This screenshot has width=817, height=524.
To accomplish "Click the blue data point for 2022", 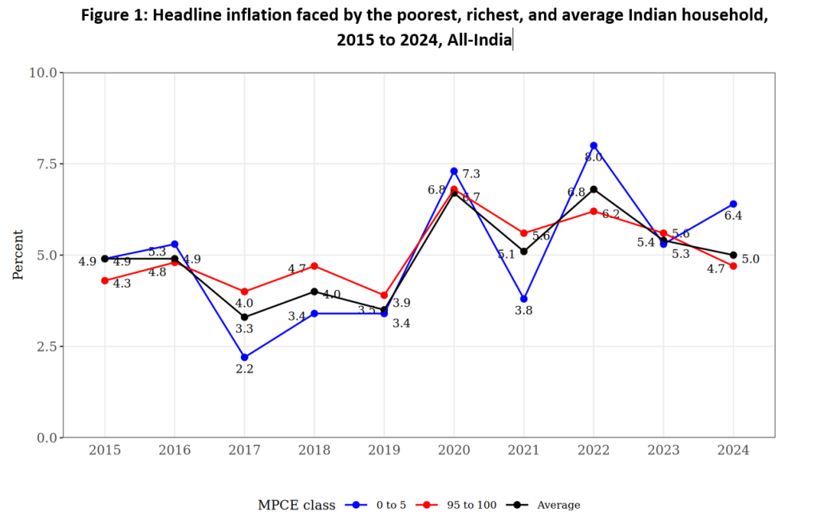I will click(594, 145).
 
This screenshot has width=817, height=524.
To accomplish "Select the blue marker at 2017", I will click(244, 357).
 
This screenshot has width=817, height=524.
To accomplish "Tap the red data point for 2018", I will click(314, 266).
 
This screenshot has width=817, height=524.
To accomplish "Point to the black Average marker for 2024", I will click(733, 255).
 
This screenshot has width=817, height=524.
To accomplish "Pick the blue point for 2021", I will click(523, 299).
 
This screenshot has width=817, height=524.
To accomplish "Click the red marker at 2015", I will click(105, 280).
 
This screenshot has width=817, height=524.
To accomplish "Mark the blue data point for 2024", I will click(733, 204).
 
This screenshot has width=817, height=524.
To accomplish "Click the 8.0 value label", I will click(594, 158).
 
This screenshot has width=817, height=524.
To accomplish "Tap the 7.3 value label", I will click(471, 174).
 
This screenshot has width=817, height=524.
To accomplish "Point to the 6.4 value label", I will click(733, 216).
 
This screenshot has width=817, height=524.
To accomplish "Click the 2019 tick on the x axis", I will click(384, 451).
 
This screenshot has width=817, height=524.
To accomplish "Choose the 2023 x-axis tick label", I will click(663, 451).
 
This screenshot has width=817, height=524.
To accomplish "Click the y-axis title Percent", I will click(18, 255).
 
